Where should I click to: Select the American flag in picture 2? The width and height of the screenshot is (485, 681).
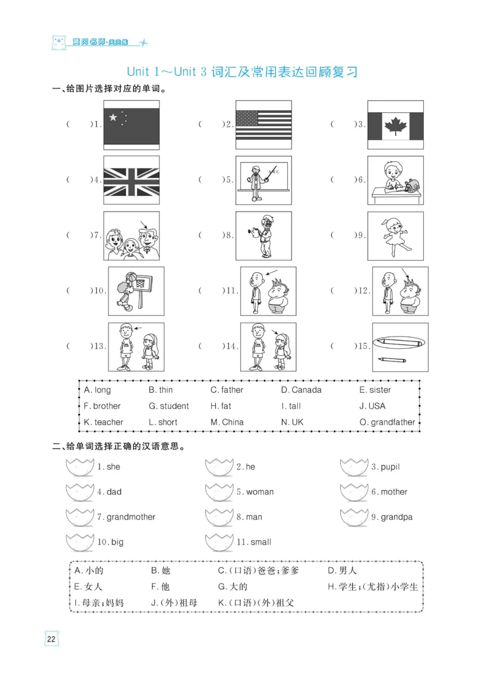(x=263, y=126)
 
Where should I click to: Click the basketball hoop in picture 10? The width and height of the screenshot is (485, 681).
(x=142, y=282)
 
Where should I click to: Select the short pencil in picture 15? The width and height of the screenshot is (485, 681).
(x=393, y=360)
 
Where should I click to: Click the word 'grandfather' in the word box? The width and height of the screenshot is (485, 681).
(x=393, y=422)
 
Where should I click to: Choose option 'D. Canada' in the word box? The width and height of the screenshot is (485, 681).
(x=301, y=390)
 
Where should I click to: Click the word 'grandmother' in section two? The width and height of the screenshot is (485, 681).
(x=130, y=517)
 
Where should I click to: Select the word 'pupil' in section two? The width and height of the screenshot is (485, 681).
(x=390, y=467)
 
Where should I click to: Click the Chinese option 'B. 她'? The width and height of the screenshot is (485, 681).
(x=161, y=571)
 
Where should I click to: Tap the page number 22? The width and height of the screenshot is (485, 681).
(x=51, y=639)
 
